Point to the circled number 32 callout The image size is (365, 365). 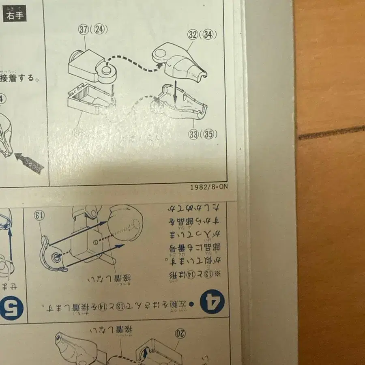click(x=193, y=35)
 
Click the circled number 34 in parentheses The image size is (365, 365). click(x=208, y=35)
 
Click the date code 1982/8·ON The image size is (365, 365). click(x=209, y=187)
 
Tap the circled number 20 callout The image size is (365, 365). click(x=180, y=334)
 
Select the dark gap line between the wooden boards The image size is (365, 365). click(x=331, y=133)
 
